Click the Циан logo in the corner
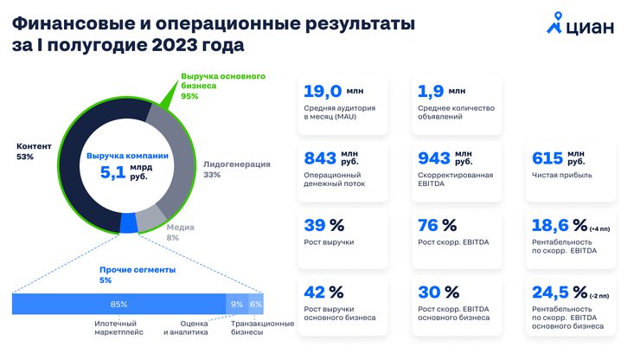coord(580,23)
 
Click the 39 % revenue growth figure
coord(324,225)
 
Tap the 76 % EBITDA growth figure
coord(437,225)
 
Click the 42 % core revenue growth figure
coord(323,292)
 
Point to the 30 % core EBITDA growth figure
coord(438,292)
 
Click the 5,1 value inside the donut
coord(112,172)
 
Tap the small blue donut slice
coord(128,223)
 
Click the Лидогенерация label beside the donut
coord(237,164)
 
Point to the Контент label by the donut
coord(34,146)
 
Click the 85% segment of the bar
coord(118,304)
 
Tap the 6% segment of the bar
coord(256,304)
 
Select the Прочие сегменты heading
coord(138,270)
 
